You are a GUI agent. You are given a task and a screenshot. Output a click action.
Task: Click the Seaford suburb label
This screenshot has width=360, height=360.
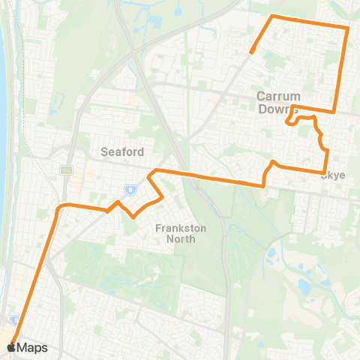click(x=122, y=151)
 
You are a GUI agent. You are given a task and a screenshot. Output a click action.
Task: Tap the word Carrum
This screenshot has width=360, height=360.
click(x=278, y=96)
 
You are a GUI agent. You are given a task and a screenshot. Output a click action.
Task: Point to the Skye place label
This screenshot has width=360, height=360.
click(x=333, y=175)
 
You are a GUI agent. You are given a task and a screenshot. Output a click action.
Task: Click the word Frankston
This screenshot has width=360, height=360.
click(x=175, y=228)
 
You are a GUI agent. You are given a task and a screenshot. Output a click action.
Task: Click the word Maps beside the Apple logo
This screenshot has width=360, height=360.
click(x=32, y=347)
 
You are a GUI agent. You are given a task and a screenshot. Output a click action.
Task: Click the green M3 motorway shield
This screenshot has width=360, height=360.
click(x=65, y=170)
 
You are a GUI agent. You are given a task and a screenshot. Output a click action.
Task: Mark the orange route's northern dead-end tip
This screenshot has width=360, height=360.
click(x=253, y=52)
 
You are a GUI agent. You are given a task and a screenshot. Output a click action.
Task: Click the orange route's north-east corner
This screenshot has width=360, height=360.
click(x=348, y=28)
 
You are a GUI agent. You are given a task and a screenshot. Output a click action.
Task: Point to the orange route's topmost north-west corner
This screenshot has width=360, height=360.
click(x=272, y=16)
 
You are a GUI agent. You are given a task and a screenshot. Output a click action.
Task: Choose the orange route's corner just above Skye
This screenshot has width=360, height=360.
click(x=327, y=151)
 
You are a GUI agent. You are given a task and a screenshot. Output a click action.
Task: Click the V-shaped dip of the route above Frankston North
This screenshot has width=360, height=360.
click(x=133, y=216)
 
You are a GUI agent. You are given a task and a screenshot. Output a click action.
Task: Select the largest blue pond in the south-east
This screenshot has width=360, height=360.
click(x=305, y=286)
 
